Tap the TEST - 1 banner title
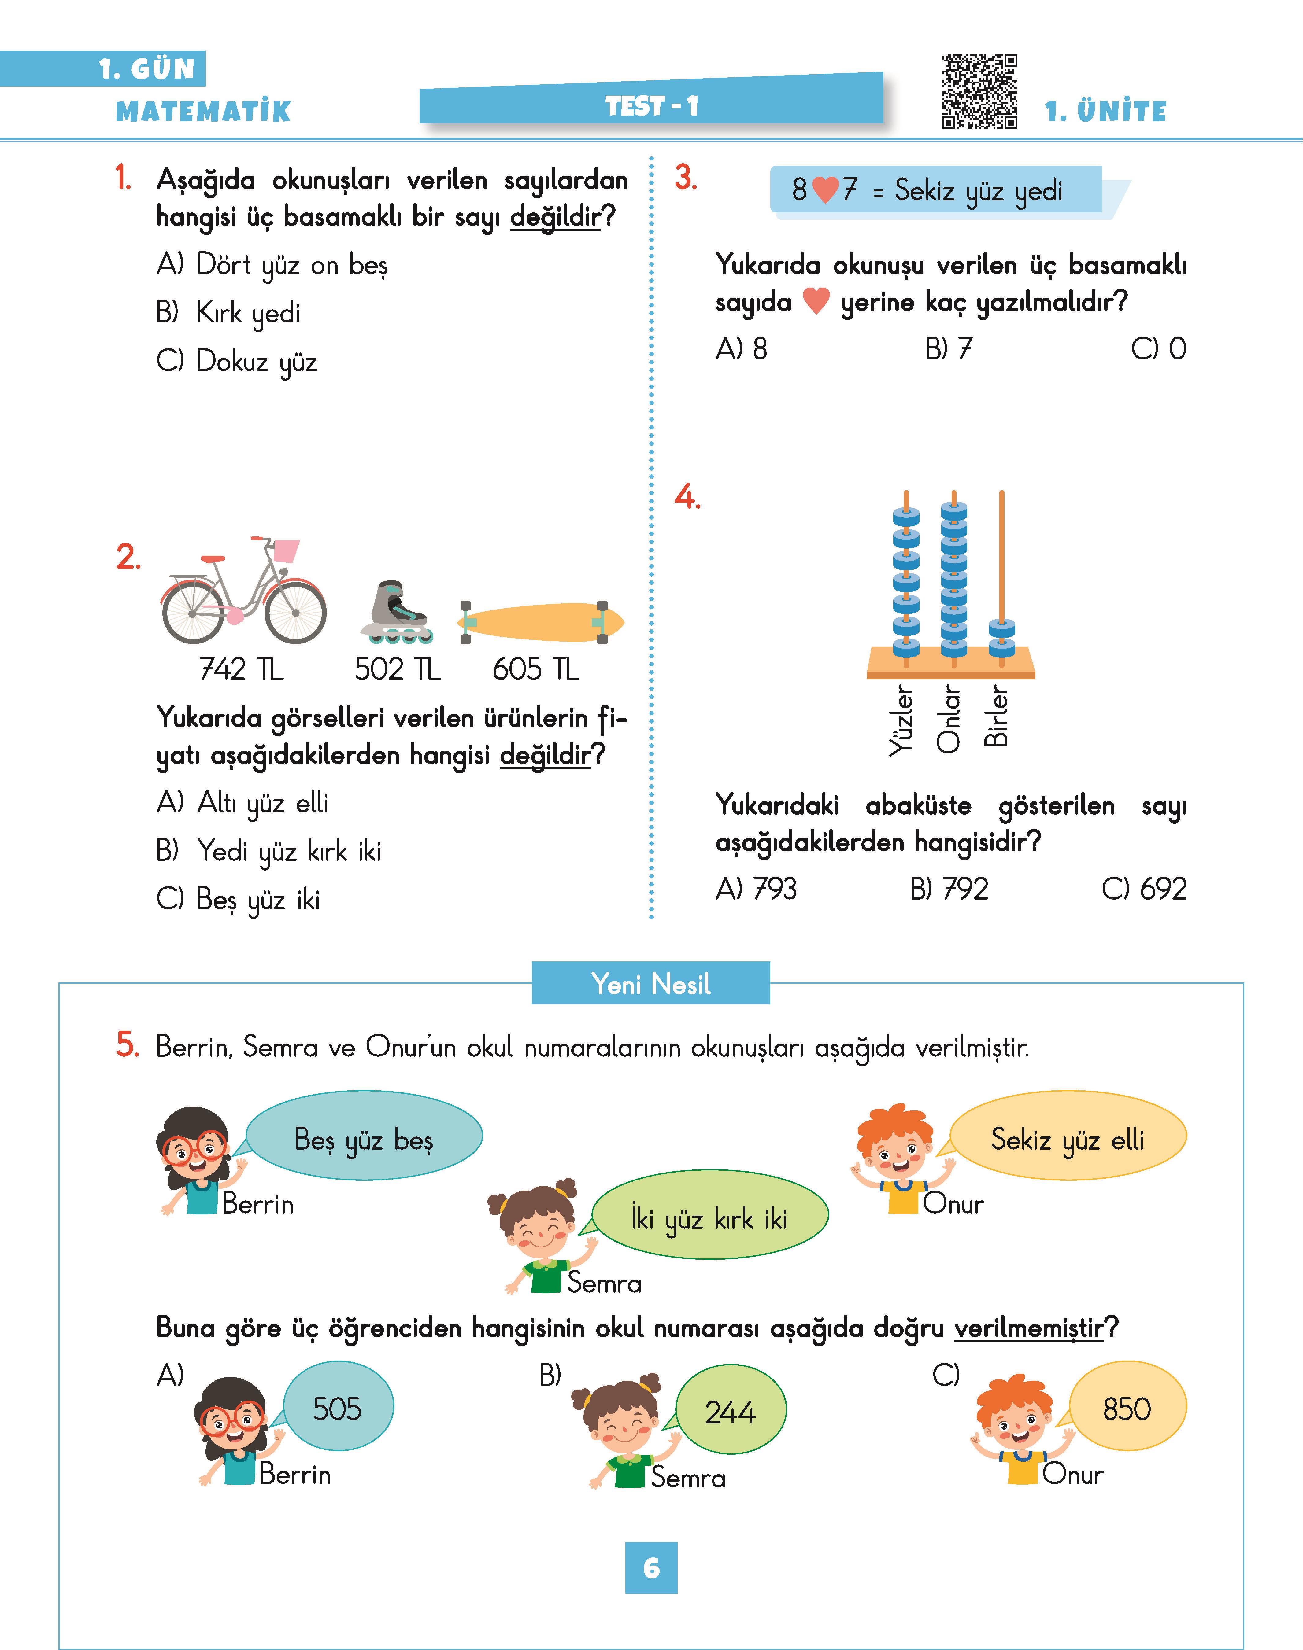(651, 106)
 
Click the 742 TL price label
(241, 669)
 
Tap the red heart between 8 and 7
(825, 189)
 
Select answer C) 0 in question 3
(1158, 349)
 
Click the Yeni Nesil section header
(651, 984)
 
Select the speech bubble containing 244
(730, 1411)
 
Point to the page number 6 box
(651, 1568)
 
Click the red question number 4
(687, 497)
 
